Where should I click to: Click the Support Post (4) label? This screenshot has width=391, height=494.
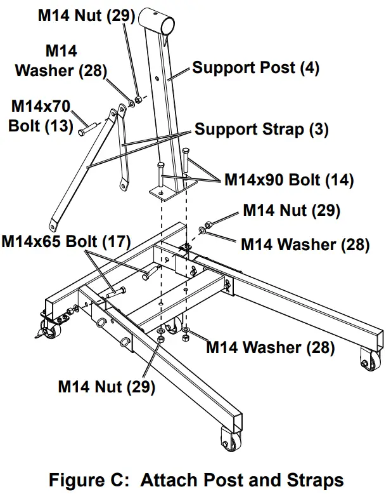click(256, 67)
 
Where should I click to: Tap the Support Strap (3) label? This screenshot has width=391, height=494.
click(261, 130)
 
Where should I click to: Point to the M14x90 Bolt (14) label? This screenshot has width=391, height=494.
click(289, 180)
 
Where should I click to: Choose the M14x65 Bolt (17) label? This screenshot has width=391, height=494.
click(66, 242)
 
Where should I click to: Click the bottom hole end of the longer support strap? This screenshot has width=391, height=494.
click(53, 224)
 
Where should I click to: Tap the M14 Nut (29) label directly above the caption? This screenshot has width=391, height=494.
click(106, 386)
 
